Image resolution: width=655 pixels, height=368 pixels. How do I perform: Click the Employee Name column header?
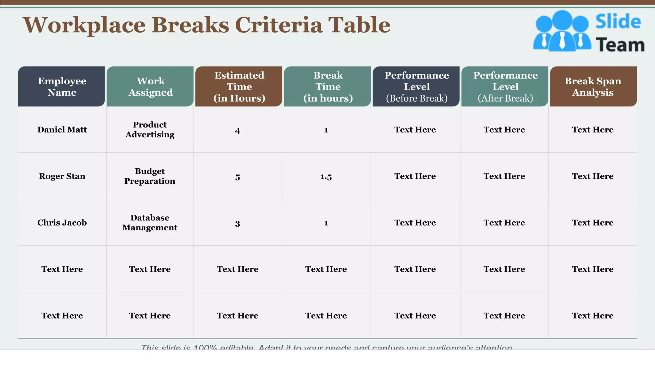pos(62,87)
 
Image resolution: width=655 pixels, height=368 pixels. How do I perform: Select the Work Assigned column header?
pos(150,87)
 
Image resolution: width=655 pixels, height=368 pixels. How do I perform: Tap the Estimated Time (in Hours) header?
pos(239,87)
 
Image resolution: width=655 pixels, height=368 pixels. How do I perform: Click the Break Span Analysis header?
pos(593,87)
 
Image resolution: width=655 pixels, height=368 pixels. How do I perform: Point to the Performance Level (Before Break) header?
pos(416,87)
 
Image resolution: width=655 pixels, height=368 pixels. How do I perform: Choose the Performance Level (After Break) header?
pos(505,87)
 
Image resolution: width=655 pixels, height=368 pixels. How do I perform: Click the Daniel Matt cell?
pos(62,130)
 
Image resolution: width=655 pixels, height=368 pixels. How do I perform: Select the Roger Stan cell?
pos(62,176)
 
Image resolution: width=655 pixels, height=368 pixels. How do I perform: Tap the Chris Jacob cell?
pos(62,223)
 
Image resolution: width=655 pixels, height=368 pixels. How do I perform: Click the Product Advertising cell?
pos(150,130)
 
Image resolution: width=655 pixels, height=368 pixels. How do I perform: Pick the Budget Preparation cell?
pos(150,176)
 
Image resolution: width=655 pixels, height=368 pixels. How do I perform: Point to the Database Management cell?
pos(150,223)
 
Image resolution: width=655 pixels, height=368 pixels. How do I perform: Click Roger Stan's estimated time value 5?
pos(237,177)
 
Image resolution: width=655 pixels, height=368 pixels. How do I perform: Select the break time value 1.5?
pos(326,177)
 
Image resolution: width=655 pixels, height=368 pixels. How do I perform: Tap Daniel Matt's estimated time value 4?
pos(237,131)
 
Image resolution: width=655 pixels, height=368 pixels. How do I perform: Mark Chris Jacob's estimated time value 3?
pos(237,224)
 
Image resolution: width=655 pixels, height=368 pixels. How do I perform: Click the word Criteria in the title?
pos(279,25)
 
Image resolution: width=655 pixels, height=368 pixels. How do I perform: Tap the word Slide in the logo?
pos(618,22)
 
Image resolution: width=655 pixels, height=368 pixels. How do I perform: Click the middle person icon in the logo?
pos(562,30)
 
